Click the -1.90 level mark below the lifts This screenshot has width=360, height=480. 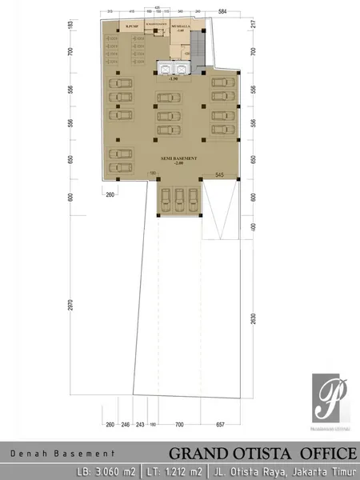[172, 79]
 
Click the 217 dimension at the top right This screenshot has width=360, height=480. [253, 22]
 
